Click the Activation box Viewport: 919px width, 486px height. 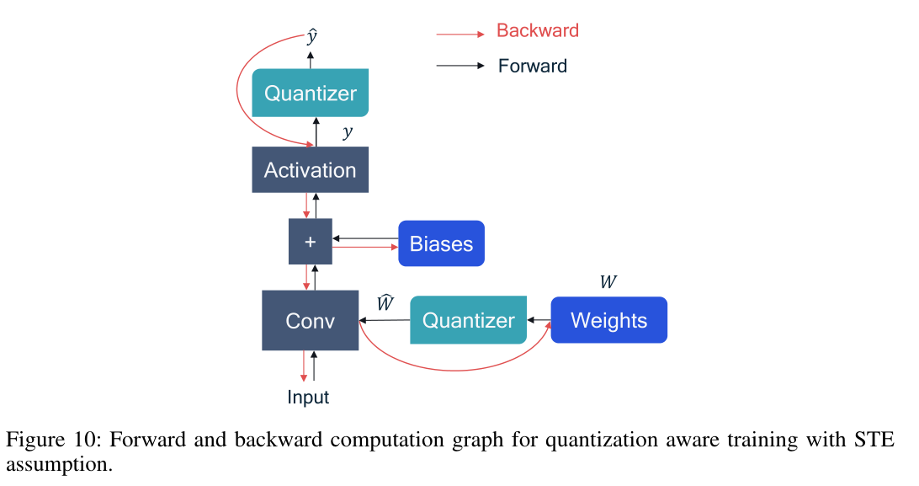point(310,169)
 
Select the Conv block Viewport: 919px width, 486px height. point(310,320)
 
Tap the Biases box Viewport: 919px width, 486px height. point(441,243)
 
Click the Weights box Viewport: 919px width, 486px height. point(608,320)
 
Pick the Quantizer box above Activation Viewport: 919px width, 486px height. point(310,93)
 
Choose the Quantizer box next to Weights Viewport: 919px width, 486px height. point(468,320)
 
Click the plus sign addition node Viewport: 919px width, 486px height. point(310,242)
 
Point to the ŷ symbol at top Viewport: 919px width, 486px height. point(311,38)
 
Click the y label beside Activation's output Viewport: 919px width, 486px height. point(347,132)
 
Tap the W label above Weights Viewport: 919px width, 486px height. point(608,282)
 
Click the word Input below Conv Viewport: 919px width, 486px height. point(308,397)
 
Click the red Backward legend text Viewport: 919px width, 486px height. point(537,31)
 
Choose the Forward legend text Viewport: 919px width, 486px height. point(532,66)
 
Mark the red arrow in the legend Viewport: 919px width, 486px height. point(459,34)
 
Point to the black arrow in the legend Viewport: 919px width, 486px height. point(459,66)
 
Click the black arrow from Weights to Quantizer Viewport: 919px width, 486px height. point(539,320)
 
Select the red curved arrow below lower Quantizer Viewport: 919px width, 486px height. point(454,368)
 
